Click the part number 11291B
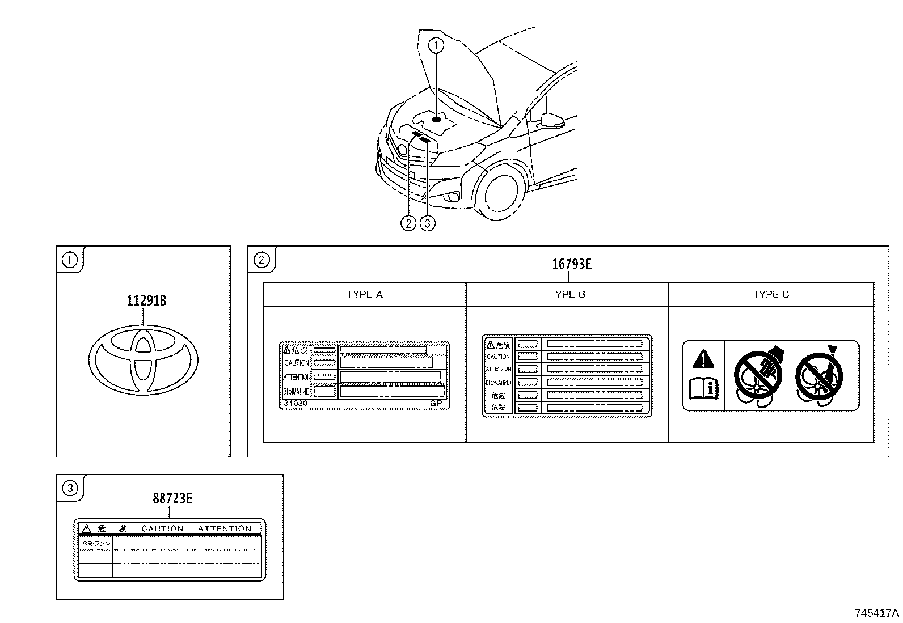[146, 301]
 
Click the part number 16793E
[572, 264]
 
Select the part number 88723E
[172, 499]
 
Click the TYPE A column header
[364, 295]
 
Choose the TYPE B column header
[567, 295]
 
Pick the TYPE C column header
[770, 295]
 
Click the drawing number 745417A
[877, 613]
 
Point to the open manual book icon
[703, 389]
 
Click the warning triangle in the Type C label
[703, 359]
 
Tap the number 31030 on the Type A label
[296, 403]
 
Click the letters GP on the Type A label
[436, 403]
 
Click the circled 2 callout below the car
[408, 223]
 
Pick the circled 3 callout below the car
[427, 223]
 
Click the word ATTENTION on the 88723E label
[225, 528]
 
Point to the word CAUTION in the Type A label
[297, 363]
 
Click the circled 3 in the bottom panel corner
[69, 488]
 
